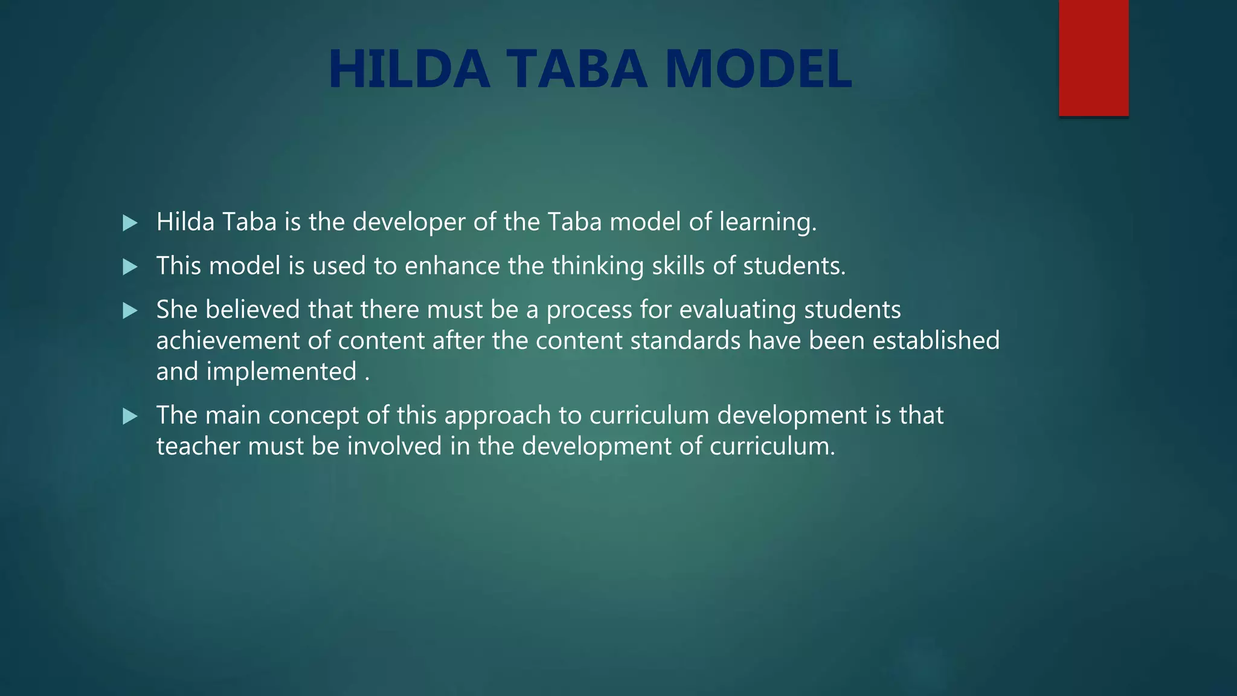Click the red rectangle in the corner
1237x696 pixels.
click(1093, 57)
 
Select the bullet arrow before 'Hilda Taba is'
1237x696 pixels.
click(130, 223)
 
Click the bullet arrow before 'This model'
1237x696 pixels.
click(130, 267)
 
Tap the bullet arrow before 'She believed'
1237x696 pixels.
click(130, 311)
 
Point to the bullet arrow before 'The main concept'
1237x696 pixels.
click(130, 416)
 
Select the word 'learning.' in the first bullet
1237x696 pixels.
click(768, 223)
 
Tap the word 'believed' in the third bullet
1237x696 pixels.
click(252, 310)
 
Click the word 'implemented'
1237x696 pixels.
click(281, 372)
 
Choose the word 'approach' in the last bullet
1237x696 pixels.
click(498, 416)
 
